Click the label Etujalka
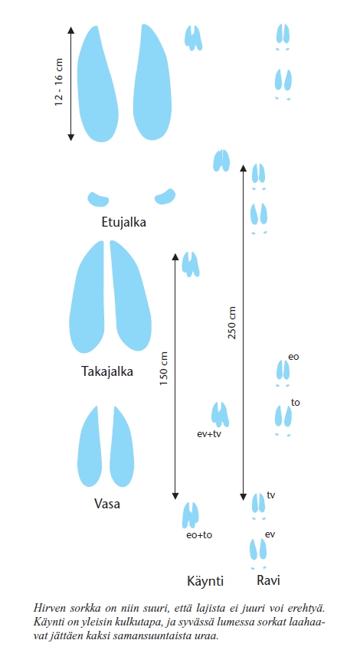click(123, 223)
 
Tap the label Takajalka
click(107, 371)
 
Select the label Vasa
click(107, 504)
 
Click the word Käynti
click(205, 581)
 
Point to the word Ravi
click(268, 580)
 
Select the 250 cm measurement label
click(232, 323)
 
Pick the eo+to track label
click(199, 534)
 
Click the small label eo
click(293, 357)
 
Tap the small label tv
click(271, 495)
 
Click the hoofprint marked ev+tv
click(220, 414)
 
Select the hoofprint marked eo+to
click(191, 515)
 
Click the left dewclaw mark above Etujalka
click(98, 199)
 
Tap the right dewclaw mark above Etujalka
click(165, 196)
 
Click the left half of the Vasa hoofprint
click(90, 446)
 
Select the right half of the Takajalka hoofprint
click(130, 296)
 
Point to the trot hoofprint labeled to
click(283, 416)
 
